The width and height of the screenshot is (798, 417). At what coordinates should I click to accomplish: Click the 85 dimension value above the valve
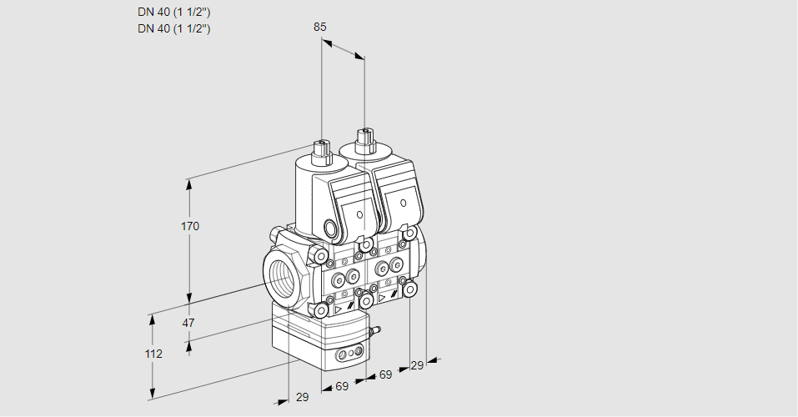pyautogui.click(x=320, y=27)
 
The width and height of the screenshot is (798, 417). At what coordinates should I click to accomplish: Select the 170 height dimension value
pyautogui.click(x=190, y=226)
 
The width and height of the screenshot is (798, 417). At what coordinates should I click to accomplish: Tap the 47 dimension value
pyautogui.click(x=188, y=323)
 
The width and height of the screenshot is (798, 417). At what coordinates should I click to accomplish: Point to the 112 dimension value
pyautogui.click(x=153, y=354)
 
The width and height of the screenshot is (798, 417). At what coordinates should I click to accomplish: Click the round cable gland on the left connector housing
pyautogui.click(x=331, y=229)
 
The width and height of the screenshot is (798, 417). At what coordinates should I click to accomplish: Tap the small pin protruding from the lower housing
pyautogui.click(x=376, y=331)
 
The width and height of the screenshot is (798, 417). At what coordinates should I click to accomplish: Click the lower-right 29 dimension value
pyautogui.click(x=417, y=365)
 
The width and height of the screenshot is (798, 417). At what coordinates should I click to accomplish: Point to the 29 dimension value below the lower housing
pyautogui.click(x=302, y=397)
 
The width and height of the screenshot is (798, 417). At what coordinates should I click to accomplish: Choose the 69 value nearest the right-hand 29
pyautogui.click(x=385, y=374)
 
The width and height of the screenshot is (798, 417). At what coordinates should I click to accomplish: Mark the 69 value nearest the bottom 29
pyautogui.click(x=342, y=386)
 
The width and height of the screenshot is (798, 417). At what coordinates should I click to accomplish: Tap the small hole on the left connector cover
pyautogui.click(x=359, y=215)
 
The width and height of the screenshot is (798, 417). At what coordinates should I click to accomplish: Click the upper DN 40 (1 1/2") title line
pyautogui.click(x=173, y=13)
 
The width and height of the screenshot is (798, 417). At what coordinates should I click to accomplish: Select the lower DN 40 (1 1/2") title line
pyautogui.click(x=173, y=28)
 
